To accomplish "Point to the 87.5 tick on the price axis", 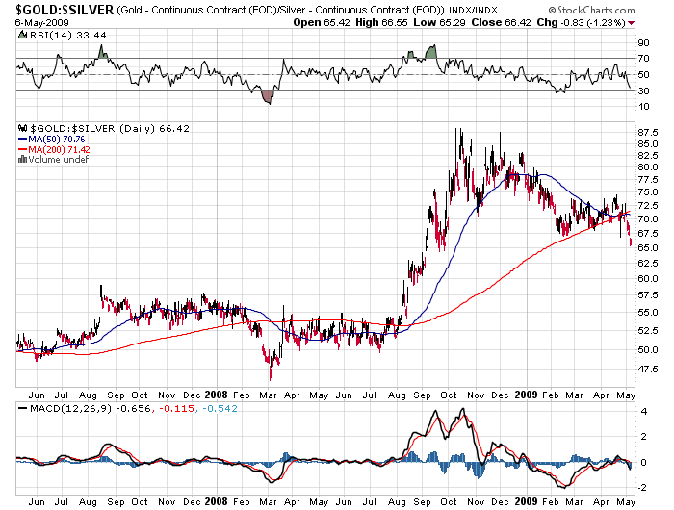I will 647,131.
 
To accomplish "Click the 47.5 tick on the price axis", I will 647,369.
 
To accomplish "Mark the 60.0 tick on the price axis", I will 647,279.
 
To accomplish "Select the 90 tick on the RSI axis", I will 642,43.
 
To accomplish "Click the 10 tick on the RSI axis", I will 642,107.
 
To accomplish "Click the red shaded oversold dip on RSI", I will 268,95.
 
